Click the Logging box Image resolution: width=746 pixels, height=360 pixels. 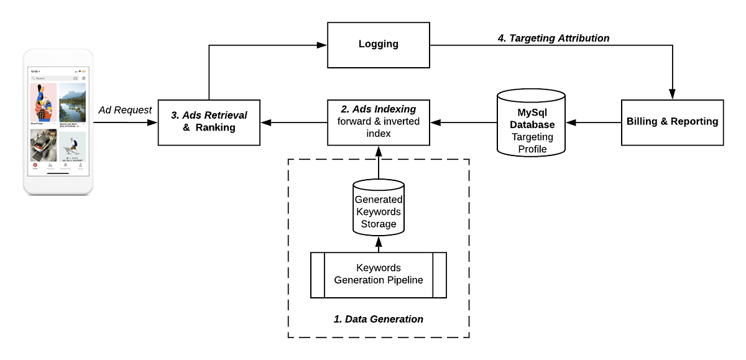378,45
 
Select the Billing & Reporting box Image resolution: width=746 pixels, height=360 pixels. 672,122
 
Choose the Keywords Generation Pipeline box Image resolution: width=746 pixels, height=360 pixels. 378,274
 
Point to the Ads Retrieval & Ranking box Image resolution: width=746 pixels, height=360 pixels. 209,122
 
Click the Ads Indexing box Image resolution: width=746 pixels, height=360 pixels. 378,122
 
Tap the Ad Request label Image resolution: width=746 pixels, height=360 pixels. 125,110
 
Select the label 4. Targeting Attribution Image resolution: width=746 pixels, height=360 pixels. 553,38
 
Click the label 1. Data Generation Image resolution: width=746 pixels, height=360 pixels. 378,319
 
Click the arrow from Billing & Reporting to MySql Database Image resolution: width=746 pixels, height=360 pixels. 594,122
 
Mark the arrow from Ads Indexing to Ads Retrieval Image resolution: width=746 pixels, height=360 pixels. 293,122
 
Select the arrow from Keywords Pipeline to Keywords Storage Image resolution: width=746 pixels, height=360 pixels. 378,244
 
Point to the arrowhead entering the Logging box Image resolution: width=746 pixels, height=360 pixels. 322,45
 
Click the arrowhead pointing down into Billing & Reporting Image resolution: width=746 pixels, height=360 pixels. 672,95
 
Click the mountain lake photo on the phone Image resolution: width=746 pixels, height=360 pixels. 72,103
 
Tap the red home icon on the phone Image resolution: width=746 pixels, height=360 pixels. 34,165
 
